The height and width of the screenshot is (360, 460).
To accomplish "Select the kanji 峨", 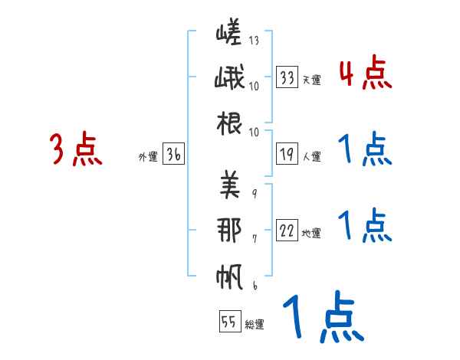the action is (x=229, y=79).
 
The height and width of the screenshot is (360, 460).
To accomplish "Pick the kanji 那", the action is (x=229, y=231).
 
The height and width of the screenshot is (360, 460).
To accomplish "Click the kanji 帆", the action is (x=229, y=276).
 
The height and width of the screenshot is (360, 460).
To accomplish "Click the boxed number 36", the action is (x=173, y=155).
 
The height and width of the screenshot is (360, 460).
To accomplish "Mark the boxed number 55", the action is (x=228, y=322).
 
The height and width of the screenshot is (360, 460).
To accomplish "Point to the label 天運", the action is (x=311, y=79).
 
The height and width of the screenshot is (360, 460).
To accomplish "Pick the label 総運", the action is (x=255, y=325).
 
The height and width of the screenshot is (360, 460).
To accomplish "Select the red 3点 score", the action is (x=76, y=149).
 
